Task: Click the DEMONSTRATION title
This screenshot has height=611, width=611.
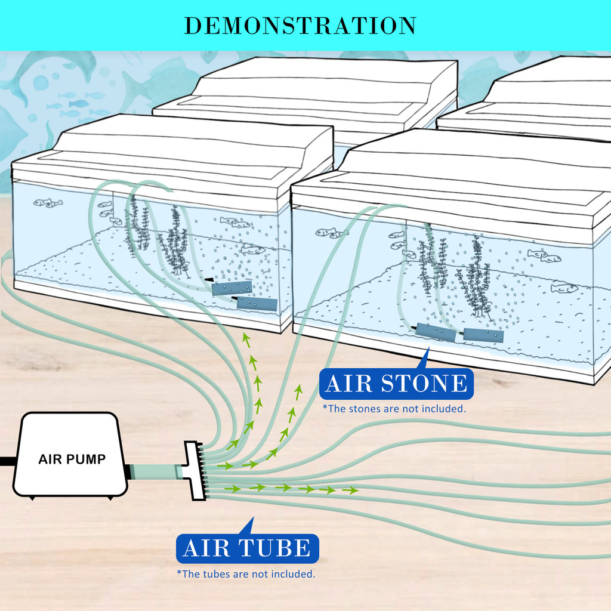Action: tap(300, 26)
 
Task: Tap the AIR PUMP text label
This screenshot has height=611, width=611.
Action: tap(72, 459)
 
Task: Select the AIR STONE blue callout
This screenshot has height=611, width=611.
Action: tap(396, 383)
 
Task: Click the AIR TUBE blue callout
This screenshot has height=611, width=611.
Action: tap(246, 548)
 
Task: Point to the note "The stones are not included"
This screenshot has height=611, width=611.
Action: tap(394, 409)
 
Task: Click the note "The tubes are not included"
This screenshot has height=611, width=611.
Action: tap(246, 573)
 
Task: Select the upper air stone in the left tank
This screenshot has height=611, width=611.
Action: tap(232, 288)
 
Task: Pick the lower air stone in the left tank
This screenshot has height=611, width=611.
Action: tap(257, 304)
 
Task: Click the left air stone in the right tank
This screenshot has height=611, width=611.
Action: tap(436, 332)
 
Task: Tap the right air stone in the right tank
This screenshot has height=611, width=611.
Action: tap(483, 335)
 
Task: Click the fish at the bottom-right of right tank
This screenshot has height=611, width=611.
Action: tap(564, 288)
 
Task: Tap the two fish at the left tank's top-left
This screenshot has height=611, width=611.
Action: tap(47, 203)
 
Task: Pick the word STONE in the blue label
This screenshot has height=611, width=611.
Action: tap(428, 383)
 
